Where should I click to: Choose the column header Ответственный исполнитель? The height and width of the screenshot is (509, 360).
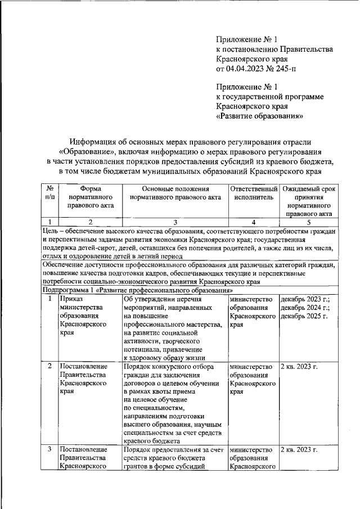(x=254, y=193)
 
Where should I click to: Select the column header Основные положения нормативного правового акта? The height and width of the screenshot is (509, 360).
(x=175, y=193)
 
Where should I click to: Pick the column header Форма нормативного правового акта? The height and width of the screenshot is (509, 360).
(x=91, y=197)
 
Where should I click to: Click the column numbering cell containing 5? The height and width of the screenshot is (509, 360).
(x=308, y=222)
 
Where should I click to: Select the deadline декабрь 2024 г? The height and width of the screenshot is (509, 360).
(x=305, y=308)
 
